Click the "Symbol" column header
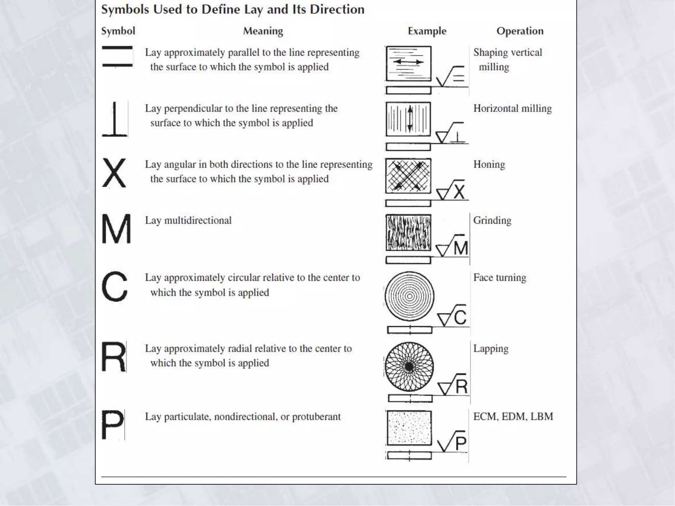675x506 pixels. tap(118, 31)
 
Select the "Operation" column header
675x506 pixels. tap(520, 31)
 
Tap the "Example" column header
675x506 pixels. tap(427, 31)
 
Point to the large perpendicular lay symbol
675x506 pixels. tap(115, 119)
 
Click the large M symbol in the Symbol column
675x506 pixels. tap(116, 229)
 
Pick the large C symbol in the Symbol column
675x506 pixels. tap(114, 286)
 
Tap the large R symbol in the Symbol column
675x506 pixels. tap(113, 357)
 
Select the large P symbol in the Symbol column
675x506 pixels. tap(112, 424)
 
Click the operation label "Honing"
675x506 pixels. tap(489, 164)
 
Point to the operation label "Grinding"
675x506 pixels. tap(492, 220)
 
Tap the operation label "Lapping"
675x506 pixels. tap(491, 349)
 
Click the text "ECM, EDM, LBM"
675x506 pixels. tap(513, 417)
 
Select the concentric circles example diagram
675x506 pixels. tap(409, 296)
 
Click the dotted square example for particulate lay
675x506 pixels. tap(409, 428)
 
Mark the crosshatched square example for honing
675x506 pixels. tap(408, 176)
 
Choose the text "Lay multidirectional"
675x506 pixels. tap(188, 220)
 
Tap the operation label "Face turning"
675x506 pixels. tap(500, 278)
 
